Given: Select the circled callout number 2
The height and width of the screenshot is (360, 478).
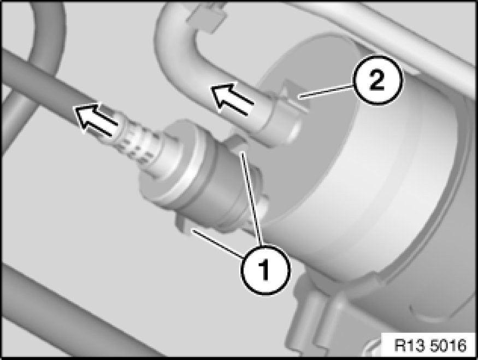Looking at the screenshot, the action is pos(377,80).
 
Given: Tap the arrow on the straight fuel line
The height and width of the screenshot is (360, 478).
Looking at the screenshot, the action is pos(96,120).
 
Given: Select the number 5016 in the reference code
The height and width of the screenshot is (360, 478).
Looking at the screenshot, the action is pos(449,345).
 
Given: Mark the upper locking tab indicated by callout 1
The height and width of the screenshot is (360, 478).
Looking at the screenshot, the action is pos(235,143).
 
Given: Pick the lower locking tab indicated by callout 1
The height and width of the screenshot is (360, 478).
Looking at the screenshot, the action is pos(185,225).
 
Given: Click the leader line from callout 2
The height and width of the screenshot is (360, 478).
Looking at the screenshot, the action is pos(326,91).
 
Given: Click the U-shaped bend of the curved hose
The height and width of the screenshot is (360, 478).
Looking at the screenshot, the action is pos(170,40).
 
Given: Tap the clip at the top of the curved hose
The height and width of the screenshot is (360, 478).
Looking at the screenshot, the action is pos(207,17).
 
